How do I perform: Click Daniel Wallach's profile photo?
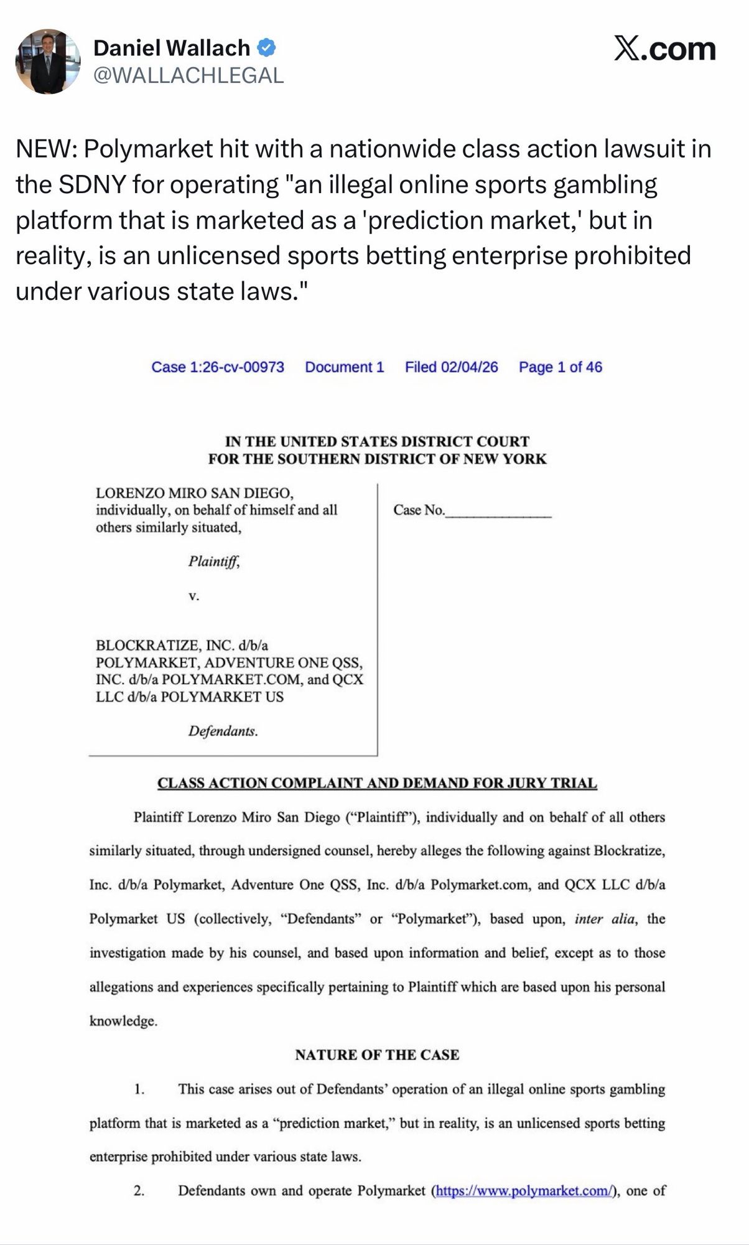[48, 62]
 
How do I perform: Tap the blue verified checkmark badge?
[266, 47]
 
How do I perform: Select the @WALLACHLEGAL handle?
[188, 75]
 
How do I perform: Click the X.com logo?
[664, 49]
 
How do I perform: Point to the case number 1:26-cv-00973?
[218, 367]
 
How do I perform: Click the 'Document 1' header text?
[344, 367]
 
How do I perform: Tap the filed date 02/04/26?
[451, 367]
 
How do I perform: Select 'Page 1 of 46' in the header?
[560, 367]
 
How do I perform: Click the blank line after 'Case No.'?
[498, 512]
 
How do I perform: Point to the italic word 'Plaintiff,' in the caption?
[214, 561]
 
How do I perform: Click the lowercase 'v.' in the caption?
[194, 596]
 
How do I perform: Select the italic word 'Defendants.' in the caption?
[223, 731]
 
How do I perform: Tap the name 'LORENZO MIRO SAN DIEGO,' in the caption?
[194, 493]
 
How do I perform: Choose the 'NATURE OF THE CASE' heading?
[377, 1055]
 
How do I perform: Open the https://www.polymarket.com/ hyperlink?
[523, 1191]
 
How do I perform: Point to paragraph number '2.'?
[139, 1191]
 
